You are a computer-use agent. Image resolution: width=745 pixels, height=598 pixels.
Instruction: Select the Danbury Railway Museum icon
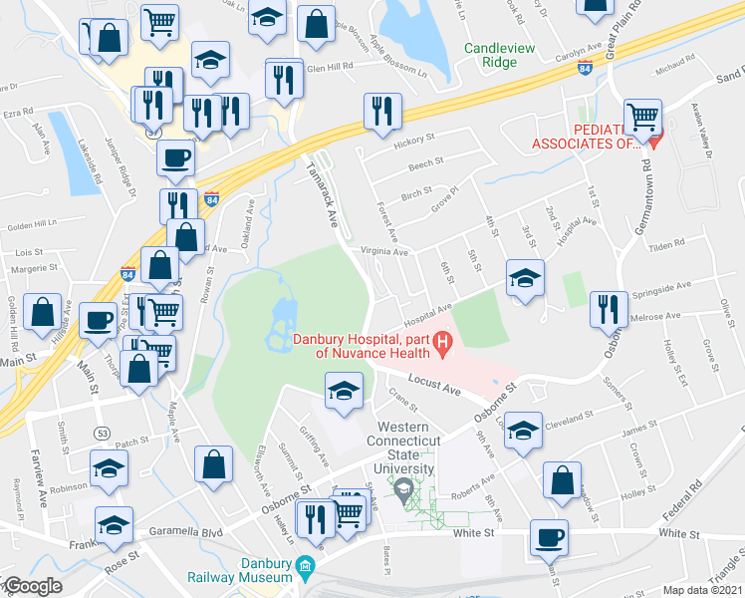tap(305, 569)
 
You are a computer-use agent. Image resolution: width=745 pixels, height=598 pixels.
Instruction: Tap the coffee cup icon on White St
tap(550, 538)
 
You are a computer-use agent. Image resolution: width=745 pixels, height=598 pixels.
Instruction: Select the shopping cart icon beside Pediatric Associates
tap(642, 117)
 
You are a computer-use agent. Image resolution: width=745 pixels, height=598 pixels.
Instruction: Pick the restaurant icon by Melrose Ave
tap(608, 308)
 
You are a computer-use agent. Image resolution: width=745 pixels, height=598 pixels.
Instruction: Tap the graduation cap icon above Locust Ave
tap(344, 389)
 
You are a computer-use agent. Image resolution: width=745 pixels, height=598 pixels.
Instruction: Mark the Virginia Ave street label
tap(385, 253)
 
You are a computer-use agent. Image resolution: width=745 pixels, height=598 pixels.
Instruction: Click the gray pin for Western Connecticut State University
tap(403, 489)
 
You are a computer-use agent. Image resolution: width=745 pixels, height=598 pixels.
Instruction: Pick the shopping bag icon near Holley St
tap(563, 480)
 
